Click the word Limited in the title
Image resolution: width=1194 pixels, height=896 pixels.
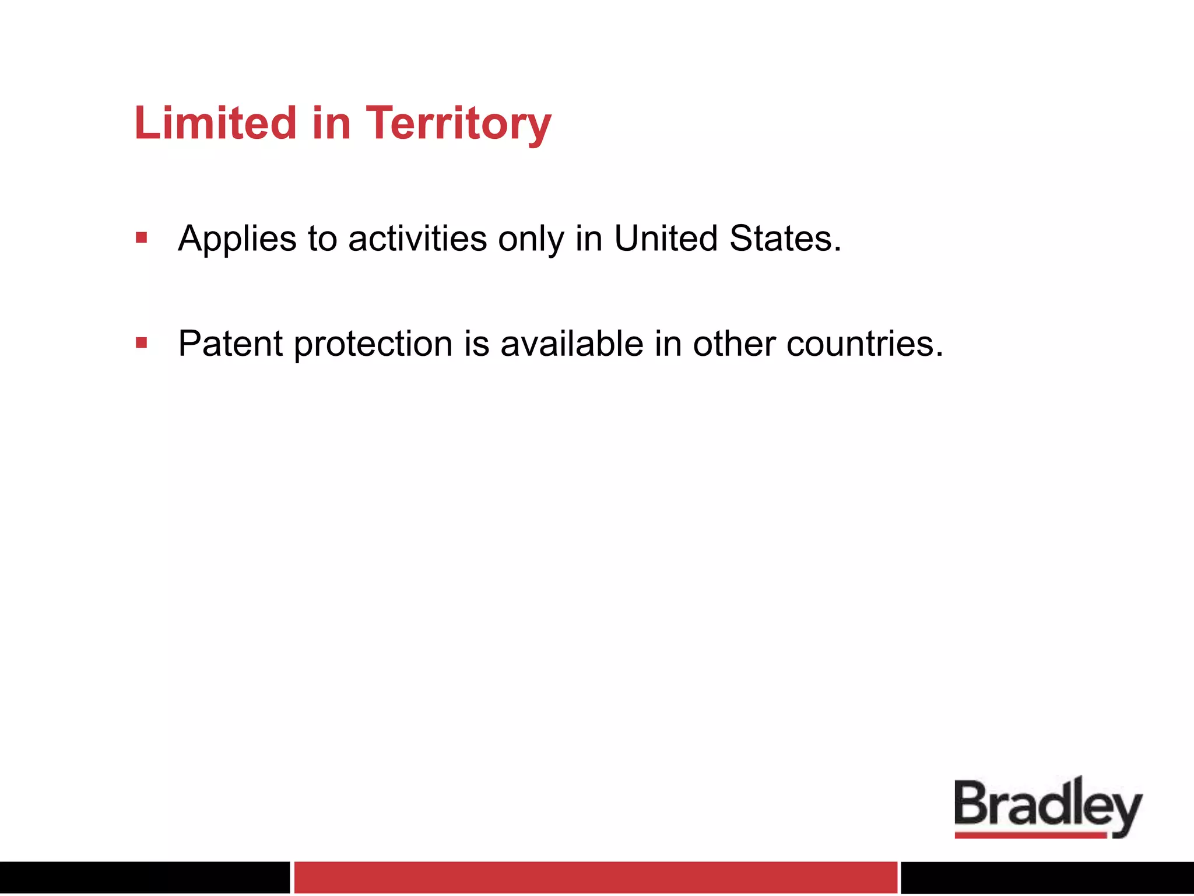pyautogui.click(x=216, y=123)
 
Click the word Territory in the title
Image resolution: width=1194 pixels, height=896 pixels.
pyautogui.click(x=458, y=124)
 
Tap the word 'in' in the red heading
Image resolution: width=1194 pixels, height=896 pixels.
pyautogui.click(x=331, y=123)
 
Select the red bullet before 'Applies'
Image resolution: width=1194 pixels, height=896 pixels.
pyautogui.click(x=141, y=237)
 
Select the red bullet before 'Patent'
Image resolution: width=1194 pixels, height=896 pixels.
pyautogui.click(x=141, y=342)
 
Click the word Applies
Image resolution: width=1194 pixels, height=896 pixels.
pyautogui.click(x=237, y=239)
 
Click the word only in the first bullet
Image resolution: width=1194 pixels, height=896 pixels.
pyautogui.click(x=531, y=239)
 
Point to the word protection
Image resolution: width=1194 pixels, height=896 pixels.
pyautogui.click(x=373, y=344)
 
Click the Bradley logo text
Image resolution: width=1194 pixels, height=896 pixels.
pyautogui.click(x=1047, y=805)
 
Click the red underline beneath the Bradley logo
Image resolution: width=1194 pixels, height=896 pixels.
pyautogui.click(x=1030, y=835)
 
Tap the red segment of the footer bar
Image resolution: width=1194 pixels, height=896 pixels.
pyautogui.click(x=595, y=877)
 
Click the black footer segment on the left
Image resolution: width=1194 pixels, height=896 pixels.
pyautogui.click(x=145, y=877)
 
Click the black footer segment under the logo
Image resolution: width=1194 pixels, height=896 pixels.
pyautogui.click(x=1047, y=877)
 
